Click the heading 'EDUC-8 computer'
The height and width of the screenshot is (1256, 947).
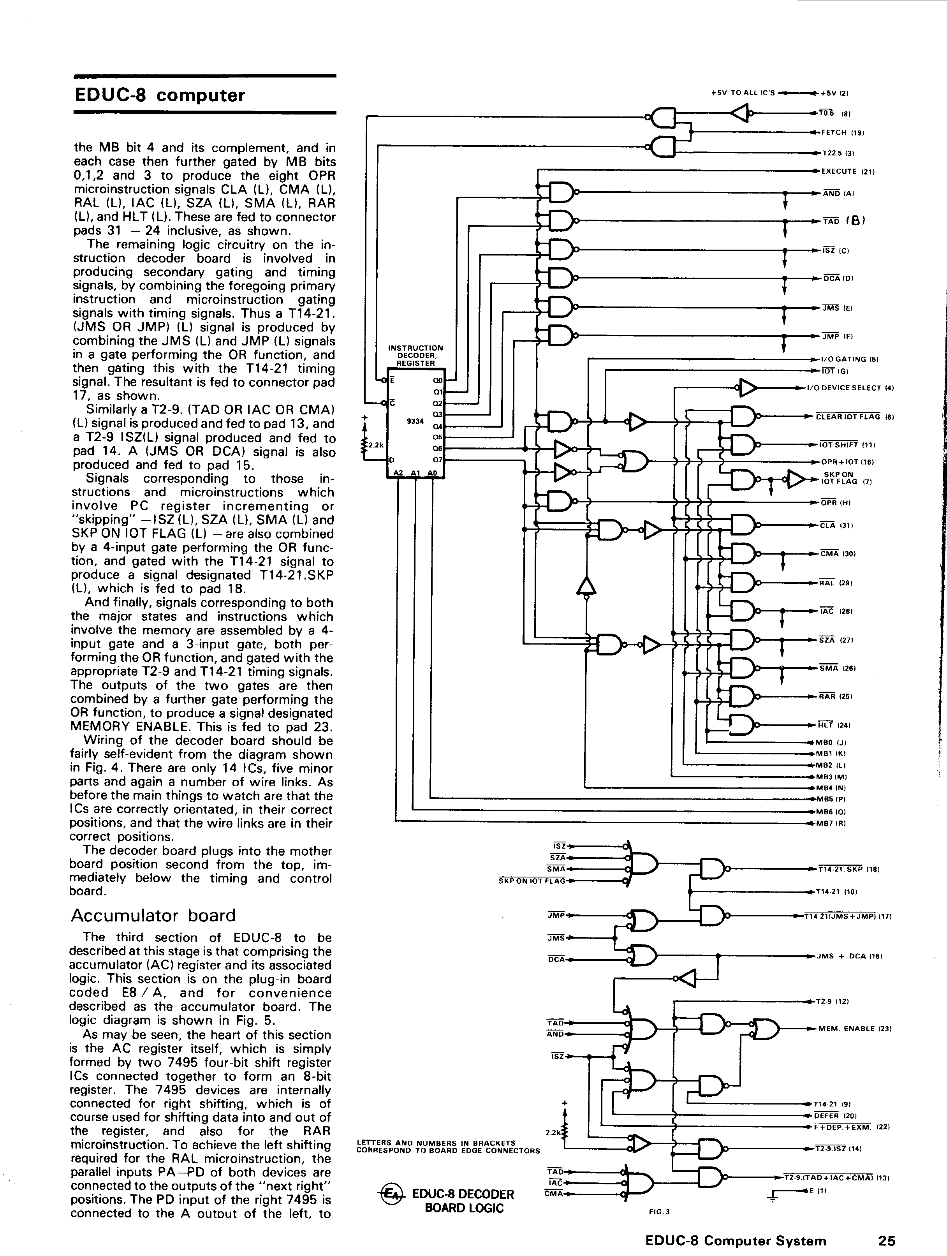point(160,95)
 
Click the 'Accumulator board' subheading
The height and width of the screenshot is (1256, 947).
point(153,915)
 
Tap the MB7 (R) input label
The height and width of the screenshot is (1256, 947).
point(831,823)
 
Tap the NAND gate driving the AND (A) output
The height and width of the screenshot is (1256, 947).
point(562,192)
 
